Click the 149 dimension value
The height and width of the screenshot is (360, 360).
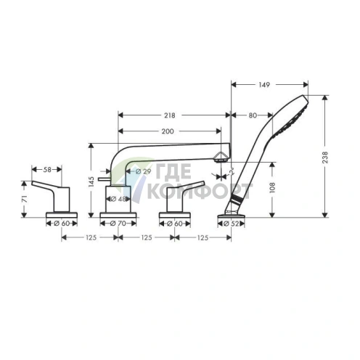tap(263, 85)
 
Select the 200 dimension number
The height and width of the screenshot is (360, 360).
tap(168, 131)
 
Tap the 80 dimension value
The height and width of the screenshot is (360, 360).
tap(252, 115)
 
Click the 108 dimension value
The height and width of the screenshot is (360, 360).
tap(273, 187)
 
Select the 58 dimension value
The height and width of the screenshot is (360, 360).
tap(46, 169)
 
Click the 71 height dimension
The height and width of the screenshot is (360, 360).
tap(25, 198)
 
